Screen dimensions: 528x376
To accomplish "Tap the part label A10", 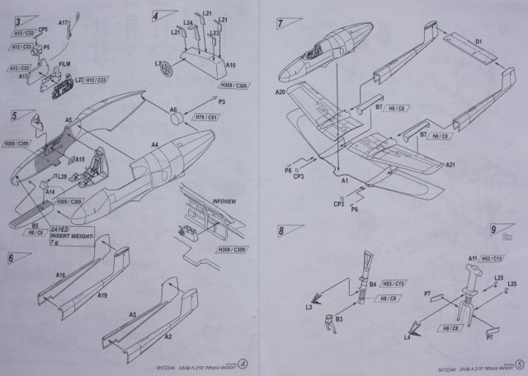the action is (230, 64).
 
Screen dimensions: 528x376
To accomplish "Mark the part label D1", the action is (478, 40).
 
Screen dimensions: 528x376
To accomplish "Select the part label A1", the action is (346, 180).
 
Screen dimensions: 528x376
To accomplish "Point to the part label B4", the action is (373, 284).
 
